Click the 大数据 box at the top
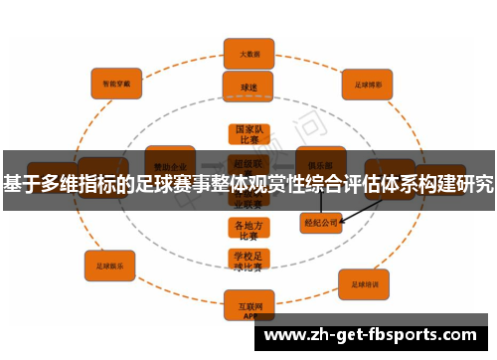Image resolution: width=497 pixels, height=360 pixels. click(x=248, y=53)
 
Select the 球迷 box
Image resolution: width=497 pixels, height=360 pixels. click(x=248, y=88)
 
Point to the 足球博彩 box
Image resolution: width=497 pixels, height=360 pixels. click(x=368, y=85)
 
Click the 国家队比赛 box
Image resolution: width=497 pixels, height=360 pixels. click(x=248, y=135)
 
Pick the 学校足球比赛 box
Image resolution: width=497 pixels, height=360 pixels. click(x=247, y=261)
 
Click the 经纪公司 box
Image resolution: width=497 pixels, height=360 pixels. click(x=321, y=223)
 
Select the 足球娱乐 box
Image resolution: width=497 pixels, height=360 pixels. click(x=109, y=266)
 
